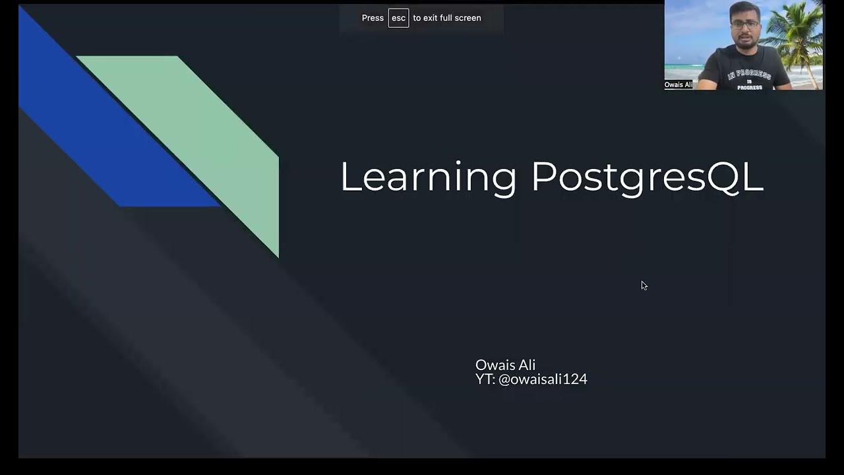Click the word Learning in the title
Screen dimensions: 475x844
click(428, 177)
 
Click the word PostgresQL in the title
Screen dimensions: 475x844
click(647, 177)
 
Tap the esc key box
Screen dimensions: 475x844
click(398, 18)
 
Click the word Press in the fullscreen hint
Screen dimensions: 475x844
click(373, 18)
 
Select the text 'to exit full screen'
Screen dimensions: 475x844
click(447, 18)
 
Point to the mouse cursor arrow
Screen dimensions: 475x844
click(644, 285)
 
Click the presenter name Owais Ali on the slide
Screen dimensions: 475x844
click(505, 365)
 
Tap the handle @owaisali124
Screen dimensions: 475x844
click(543, 379)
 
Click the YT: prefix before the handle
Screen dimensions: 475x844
click(485, 379)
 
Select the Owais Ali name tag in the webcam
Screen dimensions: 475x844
click(678, 84)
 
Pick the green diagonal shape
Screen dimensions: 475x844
click(211, 132)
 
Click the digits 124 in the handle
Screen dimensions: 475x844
click(575, 379)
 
